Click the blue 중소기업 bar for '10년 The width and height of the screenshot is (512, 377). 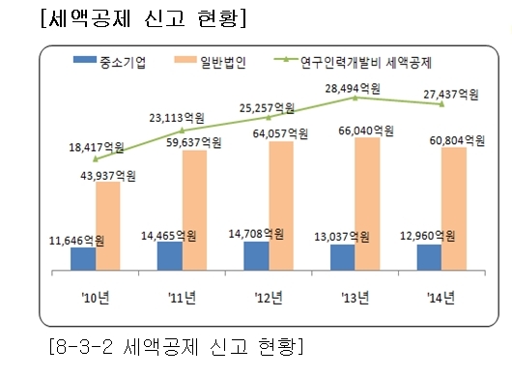click(x=83, y=259)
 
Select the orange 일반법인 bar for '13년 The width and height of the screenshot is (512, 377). click(x=367, y=204)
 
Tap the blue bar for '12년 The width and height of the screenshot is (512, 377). click(x=256, y=256)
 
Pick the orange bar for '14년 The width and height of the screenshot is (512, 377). click(x=454, y=209)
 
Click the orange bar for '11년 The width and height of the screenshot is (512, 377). click(x=194, y=210)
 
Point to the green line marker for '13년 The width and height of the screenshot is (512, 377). click(x=356, y=98)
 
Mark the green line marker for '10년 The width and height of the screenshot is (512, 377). click(x=96, y=159)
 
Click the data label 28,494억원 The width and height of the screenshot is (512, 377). click(x=353, y=89)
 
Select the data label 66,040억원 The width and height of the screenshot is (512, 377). click(x=366, y=130)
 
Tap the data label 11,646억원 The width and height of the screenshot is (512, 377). click(x=76, y=241)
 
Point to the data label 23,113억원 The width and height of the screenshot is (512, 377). click(x=177, y=118)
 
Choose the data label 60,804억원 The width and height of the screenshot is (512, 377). click(x=457, y=141)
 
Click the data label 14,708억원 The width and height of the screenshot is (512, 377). click(x=256, y=234)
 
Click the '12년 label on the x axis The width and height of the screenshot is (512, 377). click(x=269, y=298)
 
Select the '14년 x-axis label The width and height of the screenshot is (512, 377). click(x=441, y=298)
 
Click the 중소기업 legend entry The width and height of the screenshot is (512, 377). click(x=110, y=62)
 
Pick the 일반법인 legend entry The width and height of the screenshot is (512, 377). click(x=211, y=62)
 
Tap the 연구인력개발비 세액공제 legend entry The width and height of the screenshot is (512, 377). click(x=353, y=62)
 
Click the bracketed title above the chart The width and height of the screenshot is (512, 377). click(x=143, y=18)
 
